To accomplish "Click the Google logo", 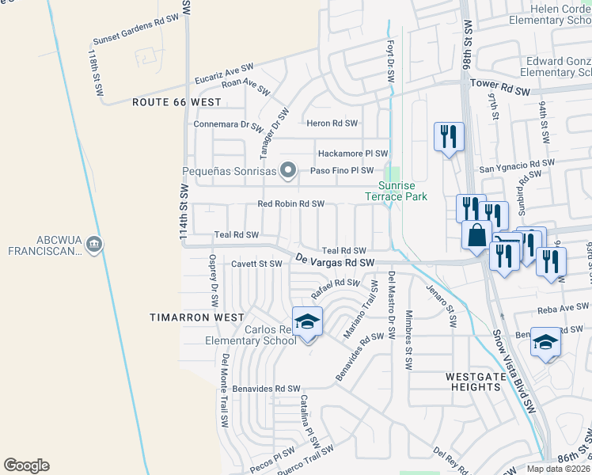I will (26, 465).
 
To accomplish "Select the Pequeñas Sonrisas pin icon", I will (288, 170).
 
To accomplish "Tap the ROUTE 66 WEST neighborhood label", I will (176, 102).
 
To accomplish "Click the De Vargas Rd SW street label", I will (335, 260).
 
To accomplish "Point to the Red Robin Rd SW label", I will (291, 203).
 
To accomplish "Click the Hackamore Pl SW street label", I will (352, 154).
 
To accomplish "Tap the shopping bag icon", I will (478, 235).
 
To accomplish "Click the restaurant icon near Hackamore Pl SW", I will (448, 137).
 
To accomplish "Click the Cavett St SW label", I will (256, 264).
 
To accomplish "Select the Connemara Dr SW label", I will (228, 124).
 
